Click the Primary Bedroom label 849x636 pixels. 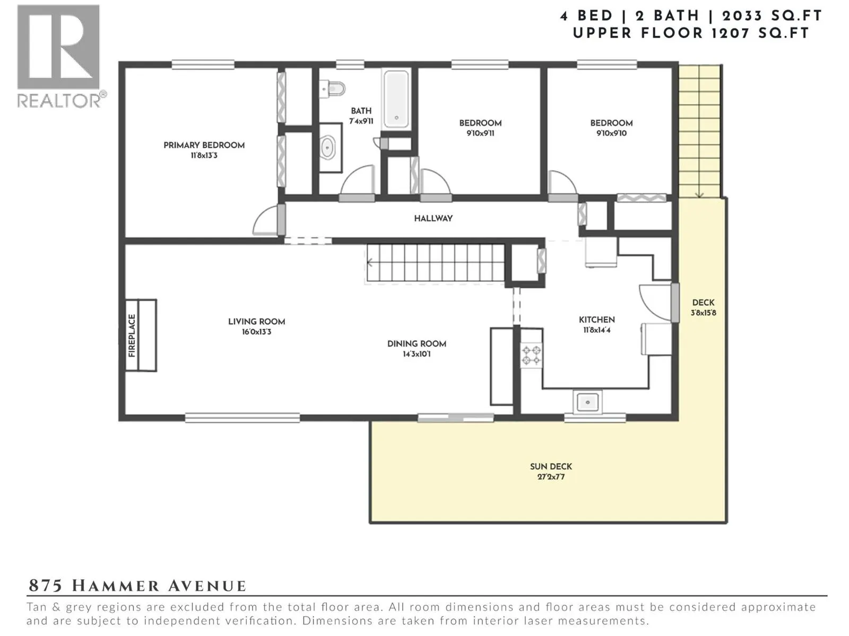(204, 145)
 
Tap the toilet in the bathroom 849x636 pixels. (332, 89)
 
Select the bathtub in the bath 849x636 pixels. (396, 99)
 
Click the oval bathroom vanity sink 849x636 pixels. (328, 147)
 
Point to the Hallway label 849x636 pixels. (433, 218)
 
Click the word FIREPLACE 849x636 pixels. (132, 335)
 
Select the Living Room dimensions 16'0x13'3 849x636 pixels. (256, 332)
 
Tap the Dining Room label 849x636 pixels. (417, 343)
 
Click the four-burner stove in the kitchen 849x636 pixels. (531, 356)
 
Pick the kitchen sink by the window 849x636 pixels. (587, 402)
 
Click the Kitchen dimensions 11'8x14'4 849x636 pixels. (597, 330)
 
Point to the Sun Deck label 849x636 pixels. (551, 466)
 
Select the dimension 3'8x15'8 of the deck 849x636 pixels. (704, 313)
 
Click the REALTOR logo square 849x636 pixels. (58, 47)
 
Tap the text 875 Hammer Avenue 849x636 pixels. (137, 586)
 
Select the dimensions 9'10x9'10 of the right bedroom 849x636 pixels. (611, 133)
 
